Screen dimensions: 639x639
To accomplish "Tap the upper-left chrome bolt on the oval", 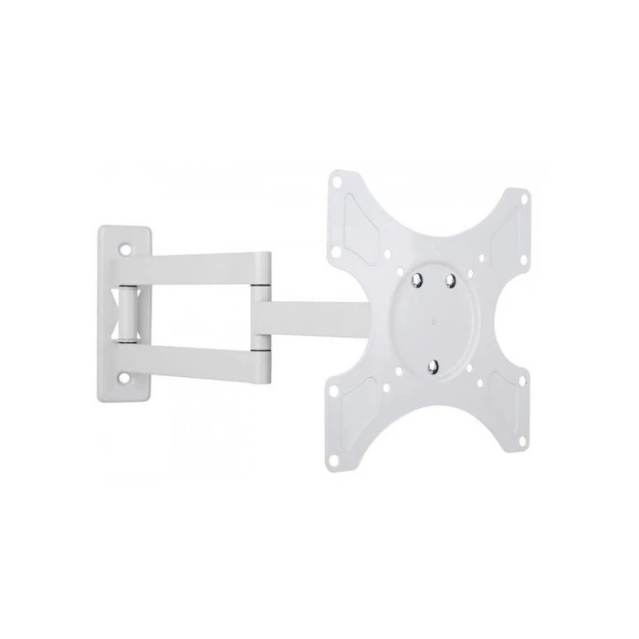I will click(x=417, y=282).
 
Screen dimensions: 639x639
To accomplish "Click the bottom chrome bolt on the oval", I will click(x=434, y=368).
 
